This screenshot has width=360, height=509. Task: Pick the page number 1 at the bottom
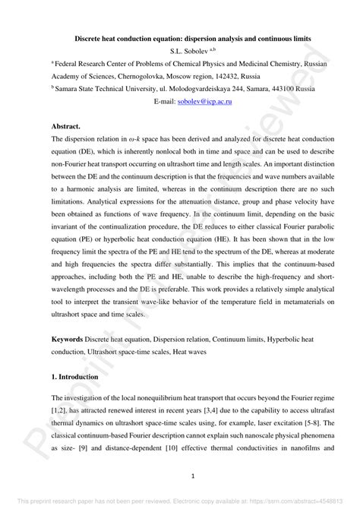tap(180, 477)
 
